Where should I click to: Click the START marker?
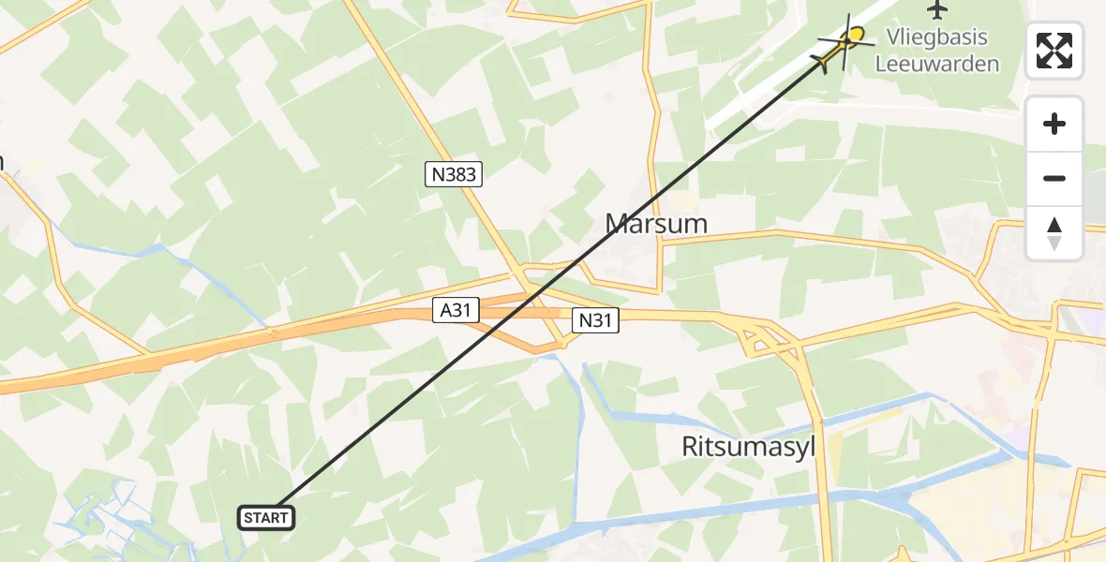pyautogui.click(x=268, y=517)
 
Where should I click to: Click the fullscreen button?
pyautogui.click(x=1054, y=51)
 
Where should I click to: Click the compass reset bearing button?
pyautogui.click(x=1054, y=233)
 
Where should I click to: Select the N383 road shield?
pyautogui.click(x=453, y=173)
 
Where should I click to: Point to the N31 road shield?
pyautogui.click(x=596, y=321)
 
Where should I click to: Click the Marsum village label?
pyautogui.click(x=656, y=223)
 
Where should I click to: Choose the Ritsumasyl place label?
pyautogui.click(x=749, y=448)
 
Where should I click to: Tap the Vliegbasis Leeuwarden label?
pyautogui.click(x=936, y=52)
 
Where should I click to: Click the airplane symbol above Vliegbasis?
pyautogui.click(x=936, y=10)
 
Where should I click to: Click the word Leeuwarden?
pyautogui.click(x=936, y=65)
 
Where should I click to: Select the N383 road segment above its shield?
pyautogui.click(x=394, y=75)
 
